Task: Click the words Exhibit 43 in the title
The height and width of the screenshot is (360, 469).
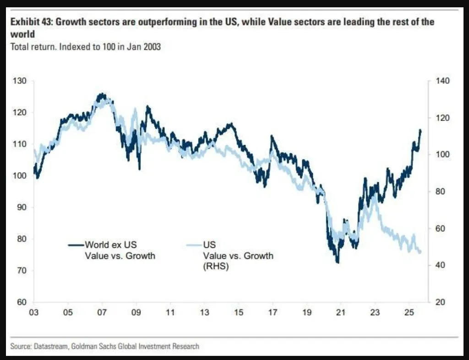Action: [x=30, y=22]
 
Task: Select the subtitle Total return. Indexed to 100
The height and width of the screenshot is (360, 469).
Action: [x=86, y=46]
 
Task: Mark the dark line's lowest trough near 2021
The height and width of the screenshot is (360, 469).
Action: [x=338, y=262]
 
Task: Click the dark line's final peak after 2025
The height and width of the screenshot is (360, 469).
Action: [x=420, y=131]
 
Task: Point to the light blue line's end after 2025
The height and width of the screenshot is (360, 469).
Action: [x=420, y=252]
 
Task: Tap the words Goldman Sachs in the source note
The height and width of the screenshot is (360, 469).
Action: [x=92, y=346]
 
